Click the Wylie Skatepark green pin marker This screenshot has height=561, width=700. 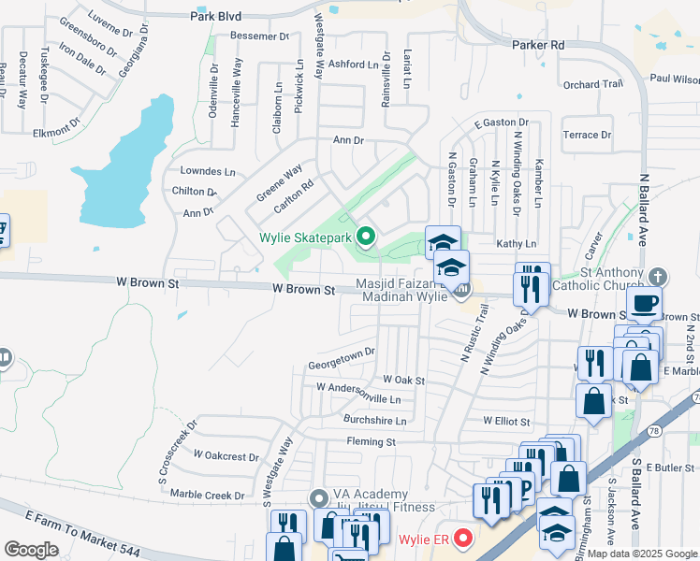366,237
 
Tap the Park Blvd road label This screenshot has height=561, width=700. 215,16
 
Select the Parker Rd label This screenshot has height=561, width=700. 538,44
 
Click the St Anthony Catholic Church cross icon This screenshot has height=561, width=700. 658,276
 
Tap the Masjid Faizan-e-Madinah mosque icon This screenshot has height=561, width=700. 461,291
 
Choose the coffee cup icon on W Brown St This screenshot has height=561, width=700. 645,303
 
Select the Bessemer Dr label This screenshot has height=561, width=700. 259,36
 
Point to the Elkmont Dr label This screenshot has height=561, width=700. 56,131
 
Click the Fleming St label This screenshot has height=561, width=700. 372,441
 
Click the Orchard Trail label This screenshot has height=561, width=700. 593,84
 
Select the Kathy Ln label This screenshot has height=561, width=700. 517,243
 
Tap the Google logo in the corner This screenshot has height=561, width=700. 32,550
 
